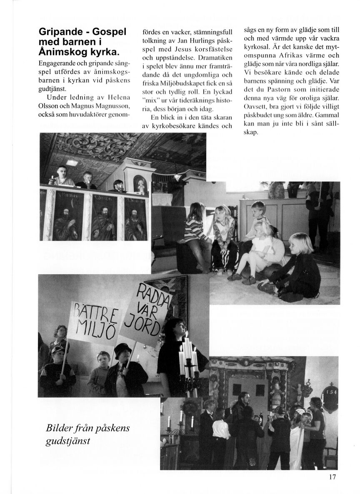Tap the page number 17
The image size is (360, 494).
point(332,477)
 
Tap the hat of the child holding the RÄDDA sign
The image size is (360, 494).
point(122,348)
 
